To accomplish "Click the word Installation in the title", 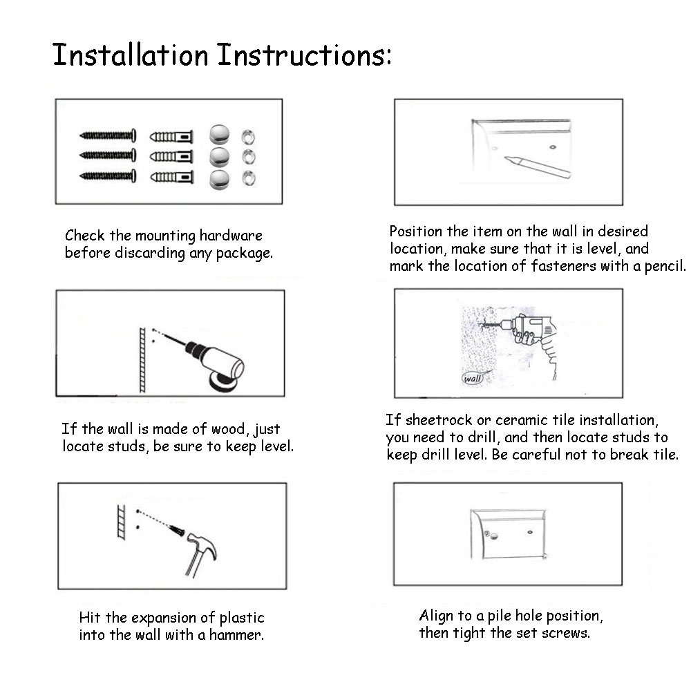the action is (131, 55).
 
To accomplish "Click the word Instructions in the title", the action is (305, 55).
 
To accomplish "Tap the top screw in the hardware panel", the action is (108, 135).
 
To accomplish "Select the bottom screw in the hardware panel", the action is (108, 176).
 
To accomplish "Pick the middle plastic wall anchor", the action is (171, 156).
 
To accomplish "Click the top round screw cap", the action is (219, 135).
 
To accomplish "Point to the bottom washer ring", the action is (249, 178).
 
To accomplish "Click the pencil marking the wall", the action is (538, 166).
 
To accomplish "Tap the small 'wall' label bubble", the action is (472, 378).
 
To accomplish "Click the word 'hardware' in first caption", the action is (231, 236).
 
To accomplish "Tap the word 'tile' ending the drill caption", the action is (666, 455).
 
